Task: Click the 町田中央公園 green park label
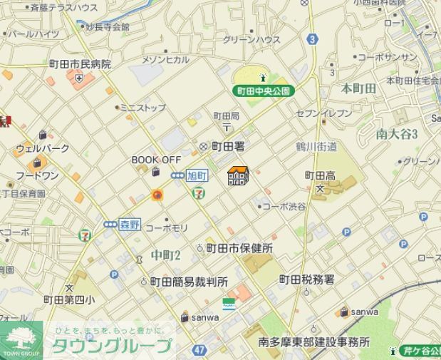(x=264, y=91)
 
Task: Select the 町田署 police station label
(x=228, y=146)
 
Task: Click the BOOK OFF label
(x=156, y=160)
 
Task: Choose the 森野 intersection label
(x=129, y=223)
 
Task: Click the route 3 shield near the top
(x=312, y=40)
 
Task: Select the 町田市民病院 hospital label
(x=80, y=64)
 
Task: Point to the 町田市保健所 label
(x=239, y=248)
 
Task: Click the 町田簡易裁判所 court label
(x=189, y=282)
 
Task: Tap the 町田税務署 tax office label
(x=306, y=279)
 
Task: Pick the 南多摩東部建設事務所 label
(x=314, y=342)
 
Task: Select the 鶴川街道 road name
(x=316, y=147)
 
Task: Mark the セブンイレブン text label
(x=324, y=113)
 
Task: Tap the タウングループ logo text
(x=111, y=346)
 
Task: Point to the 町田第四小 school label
(x=68, y=299)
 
